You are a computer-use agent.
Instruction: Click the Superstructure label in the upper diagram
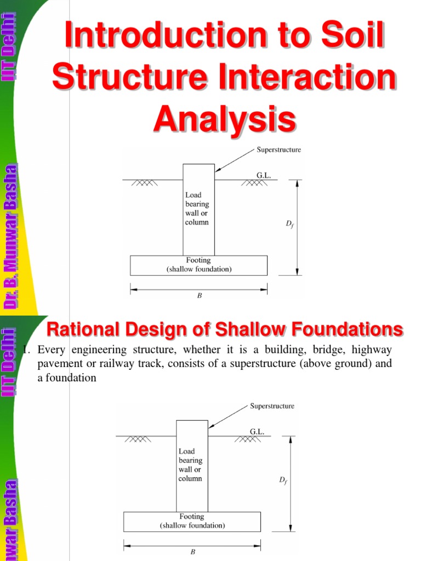[279, 150]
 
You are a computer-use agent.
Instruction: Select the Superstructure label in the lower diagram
[272, 406]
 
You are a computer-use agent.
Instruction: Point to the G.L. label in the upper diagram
[264, 175]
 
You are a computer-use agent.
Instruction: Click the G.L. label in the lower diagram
[257, 432]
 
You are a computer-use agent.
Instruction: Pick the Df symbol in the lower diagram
[283, 480]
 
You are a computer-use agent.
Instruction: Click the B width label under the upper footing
[200, 295]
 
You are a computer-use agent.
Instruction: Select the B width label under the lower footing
[192, 552]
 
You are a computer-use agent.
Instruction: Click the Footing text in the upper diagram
[199, 261]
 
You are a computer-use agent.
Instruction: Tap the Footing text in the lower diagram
[192, 517]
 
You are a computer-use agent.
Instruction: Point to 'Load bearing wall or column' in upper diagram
[197, 209]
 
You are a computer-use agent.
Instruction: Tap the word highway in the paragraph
[372, 350]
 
